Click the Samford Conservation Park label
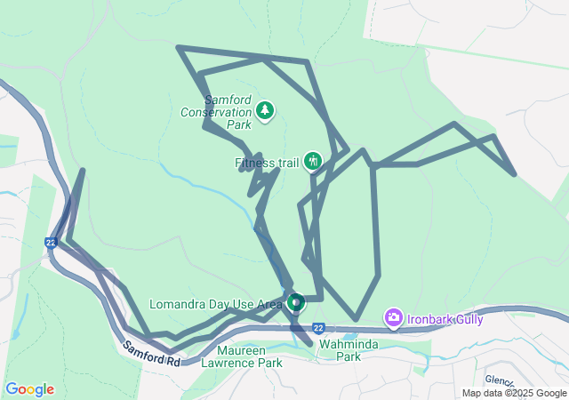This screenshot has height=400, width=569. tap(216, 112)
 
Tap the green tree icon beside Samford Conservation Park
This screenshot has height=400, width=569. tap(264, 110)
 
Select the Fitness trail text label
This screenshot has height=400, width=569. tap(267, 163)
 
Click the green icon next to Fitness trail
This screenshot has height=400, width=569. tap(312, 161)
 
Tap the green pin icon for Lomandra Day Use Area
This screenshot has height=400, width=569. tap(294, 303)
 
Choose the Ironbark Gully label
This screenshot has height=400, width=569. tap(445, 318)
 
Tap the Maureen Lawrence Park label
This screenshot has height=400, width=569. tap(241, 356)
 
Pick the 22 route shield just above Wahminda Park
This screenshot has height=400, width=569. tap(318, 328)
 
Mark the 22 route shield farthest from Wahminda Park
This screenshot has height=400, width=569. tap(52, 242)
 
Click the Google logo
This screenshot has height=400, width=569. tap(29, 389)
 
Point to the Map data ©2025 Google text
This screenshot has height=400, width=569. tap(514, 393)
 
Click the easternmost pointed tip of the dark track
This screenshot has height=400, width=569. tap(515, 174)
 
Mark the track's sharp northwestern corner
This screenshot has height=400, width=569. tap(180, 47)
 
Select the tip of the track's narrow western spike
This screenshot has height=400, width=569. tap(83, 171)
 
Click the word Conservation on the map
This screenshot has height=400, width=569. tap(216, 112)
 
